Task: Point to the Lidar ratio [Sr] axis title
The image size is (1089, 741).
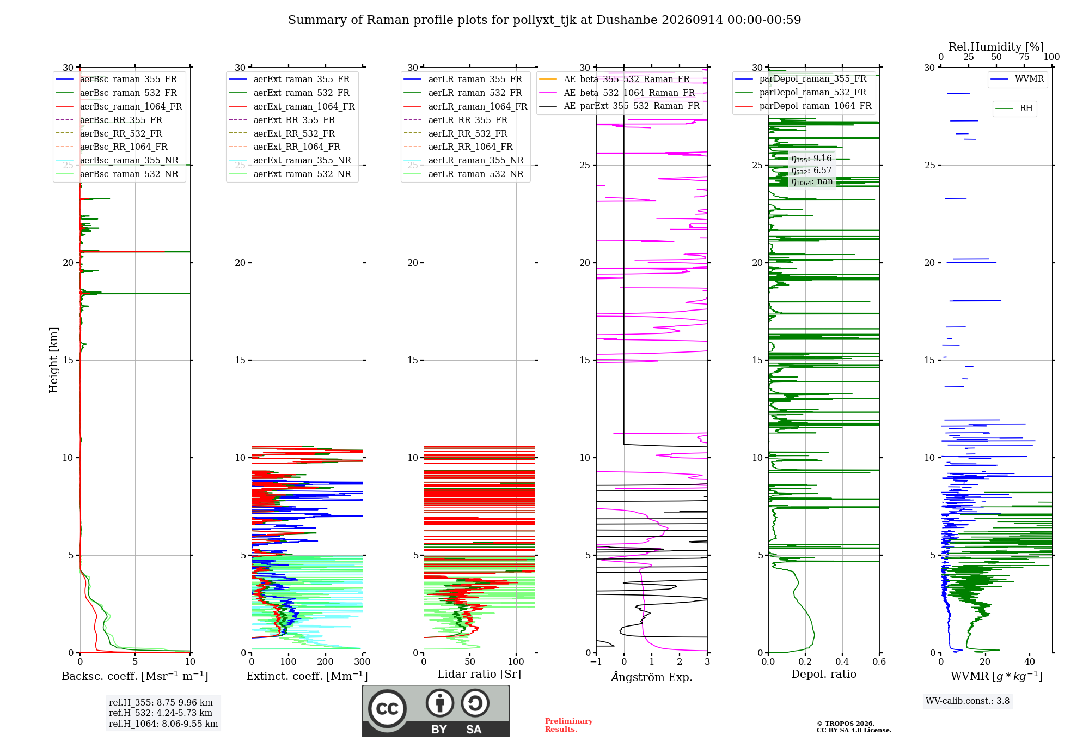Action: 479,675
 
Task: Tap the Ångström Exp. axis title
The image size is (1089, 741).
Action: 652,677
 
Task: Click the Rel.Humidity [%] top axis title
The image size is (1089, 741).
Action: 996,47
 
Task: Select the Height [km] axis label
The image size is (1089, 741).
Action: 53,360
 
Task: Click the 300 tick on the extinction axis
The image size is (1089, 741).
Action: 362,661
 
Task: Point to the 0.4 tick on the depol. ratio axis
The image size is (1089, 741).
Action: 842,661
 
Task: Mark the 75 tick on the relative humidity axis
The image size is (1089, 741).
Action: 1024,57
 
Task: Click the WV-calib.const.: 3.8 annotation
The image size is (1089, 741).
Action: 968,701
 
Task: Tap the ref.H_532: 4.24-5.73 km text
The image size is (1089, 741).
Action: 161,713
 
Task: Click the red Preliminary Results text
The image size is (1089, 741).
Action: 569,725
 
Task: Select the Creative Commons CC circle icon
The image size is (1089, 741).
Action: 387,708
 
